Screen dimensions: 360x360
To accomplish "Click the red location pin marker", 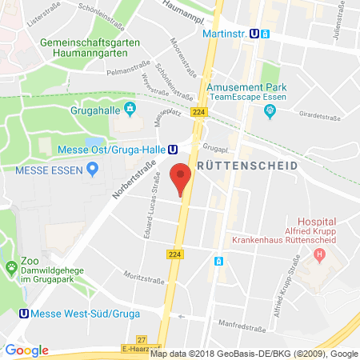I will pos(182,178).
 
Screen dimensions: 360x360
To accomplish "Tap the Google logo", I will pos(26,350).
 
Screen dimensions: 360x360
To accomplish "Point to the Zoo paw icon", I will pos(11,267).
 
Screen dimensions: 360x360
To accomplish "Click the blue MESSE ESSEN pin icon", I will pos(92,168).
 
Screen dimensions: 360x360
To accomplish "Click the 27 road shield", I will pos(164,340).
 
